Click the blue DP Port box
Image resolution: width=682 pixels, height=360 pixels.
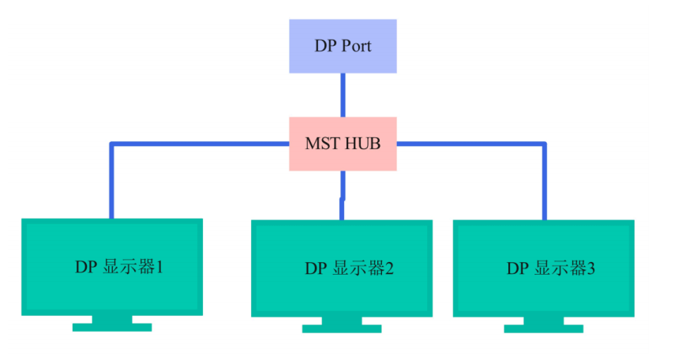tap(343, 47)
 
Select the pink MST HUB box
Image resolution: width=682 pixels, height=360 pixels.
tap(343, 144)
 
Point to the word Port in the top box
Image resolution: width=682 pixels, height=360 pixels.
tap(355, 46)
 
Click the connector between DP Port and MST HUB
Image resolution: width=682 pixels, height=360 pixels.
tap(343, 95)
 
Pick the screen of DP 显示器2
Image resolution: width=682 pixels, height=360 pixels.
tap(342, 268)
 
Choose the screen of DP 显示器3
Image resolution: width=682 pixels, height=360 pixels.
tap(543, 268)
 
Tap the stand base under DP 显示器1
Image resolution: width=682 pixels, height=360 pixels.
tap(112, 327)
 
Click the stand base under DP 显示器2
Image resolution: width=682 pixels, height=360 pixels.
tap(342, 328)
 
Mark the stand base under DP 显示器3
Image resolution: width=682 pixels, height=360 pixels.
tap(543, 328)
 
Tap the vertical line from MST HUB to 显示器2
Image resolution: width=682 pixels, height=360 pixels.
tap(343, 194)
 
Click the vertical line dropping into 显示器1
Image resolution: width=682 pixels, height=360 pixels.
tap(111, 182)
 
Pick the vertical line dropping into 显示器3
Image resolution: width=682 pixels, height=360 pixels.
tap(544, 182)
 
